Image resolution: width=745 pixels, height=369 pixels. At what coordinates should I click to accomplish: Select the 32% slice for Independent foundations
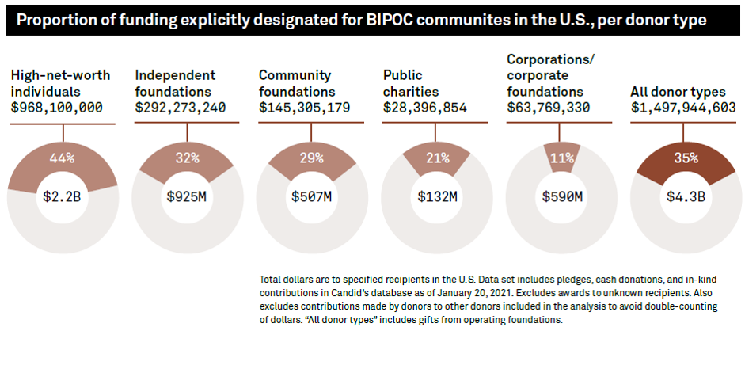tap(187, 158)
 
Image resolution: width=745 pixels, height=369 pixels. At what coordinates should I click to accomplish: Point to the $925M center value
tap(187, 196)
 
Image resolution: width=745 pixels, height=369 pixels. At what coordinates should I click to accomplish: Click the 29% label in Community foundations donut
tap(311, 158)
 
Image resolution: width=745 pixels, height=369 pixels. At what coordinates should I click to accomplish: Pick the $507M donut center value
tap(311, 196)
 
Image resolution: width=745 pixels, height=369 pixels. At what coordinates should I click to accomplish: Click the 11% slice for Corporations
tap(561, 158)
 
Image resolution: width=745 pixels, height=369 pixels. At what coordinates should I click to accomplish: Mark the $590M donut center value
tap(561, 196)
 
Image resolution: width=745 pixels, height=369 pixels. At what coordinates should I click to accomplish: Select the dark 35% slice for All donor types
tap(686, 158)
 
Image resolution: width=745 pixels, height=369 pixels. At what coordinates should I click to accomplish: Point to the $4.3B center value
tap(686, 196)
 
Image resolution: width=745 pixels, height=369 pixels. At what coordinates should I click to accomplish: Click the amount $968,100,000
tap(56, 108)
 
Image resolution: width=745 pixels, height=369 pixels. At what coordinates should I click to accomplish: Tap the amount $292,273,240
tap(181, 108)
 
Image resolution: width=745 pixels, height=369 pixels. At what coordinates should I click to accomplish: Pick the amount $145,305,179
tap(305, 108)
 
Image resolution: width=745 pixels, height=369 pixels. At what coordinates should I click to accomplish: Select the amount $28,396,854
tap(425, 108)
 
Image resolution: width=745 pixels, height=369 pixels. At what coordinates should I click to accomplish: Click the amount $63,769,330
tap(549, 108)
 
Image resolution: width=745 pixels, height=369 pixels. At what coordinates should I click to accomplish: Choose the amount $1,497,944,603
tap(683, 108)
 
